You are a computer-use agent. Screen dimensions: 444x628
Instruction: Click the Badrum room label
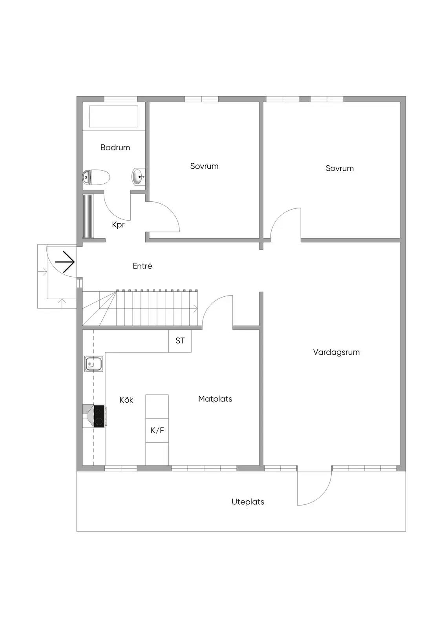pos(115,148)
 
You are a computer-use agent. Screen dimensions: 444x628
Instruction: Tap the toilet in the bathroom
pos(96,177)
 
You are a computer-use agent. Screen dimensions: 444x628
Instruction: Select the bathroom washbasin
pos(138,177)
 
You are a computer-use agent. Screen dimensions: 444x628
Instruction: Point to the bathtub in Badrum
pos(113,116)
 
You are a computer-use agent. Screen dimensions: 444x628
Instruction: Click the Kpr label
pos(118,225)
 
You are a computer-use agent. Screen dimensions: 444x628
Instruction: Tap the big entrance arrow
pos(65,262)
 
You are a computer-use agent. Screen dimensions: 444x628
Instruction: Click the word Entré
pos(143,266)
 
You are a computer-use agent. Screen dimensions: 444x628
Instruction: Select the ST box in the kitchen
pos(180,341)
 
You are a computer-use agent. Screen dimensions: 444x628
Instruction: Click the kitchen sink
pos(94,364)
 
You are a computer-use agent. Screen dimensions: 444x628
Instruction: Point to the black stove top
pos(99,416)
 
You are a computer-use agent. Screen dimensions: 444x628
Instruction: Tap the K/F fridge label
pos(157,431)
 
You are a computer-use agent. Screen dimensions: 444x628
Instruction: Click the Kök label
pos(126,400)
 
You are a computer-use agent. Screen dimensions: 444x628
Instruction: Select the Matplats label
pos(215,399)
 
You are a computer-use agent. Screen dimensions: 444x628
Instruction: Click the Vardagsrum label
pos(336,352)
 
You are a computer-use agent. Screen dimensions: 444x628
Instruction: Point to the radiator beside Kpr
pos(88,216)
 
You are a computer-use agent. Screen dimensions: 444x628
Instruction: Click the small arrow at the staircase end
pos(195,309)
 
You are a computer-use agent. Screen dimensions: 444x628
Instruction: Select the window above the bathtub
pos(121,99)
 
